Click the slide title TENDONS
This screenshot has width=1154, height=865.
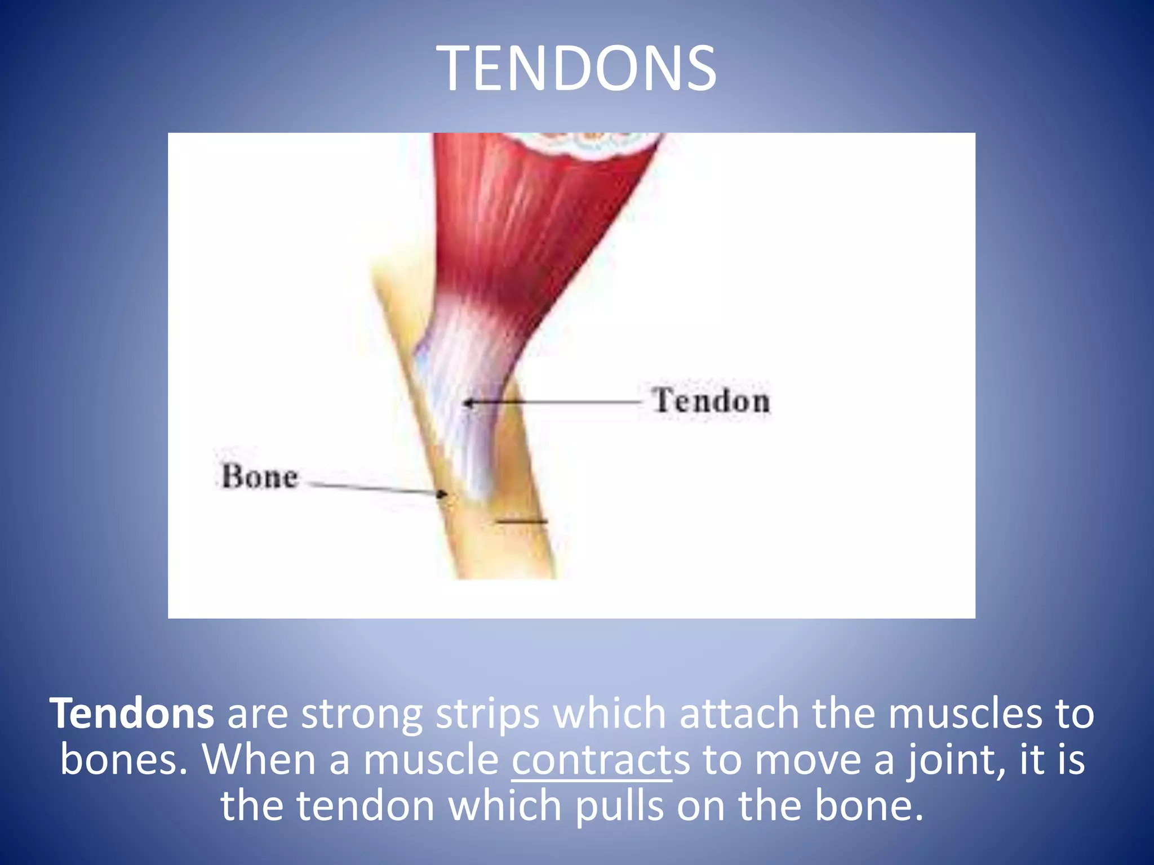point(576,69)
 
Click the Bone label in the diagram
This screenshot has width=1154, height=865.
point(259,477)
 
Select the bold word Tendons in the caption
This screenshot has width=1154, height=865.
point(131,714)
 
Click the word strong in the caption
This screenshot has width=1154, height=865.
point(361,714)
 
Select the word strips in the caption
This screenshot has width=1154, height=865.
point(487,714)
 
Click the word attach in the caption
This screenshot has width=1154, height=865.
point(739,714)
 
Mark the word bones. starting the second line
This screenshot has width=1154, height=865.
point(123,760)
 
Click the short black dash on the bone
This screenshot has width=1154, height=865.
point(521,521)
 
